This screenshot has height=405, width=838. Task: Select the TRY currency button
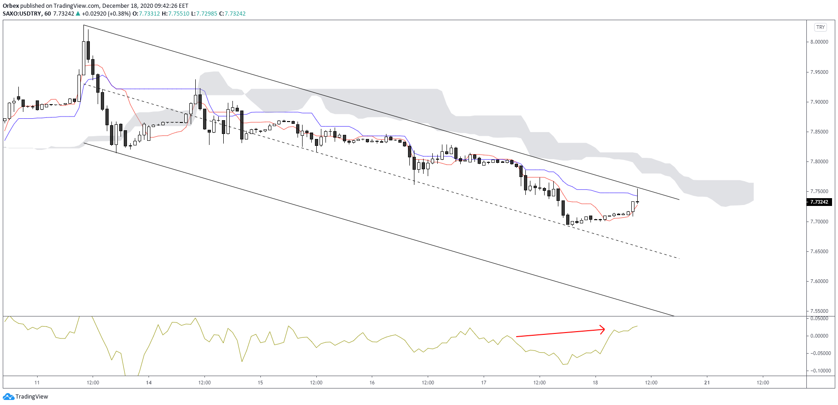pyautogui.click(x=820, y=27)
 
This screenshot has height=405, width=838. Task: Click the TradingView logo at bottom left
pyautogui.click(x=26, y=396)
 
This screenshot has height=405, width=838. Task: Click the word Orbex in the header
pyautogui.click(x=11, y=6)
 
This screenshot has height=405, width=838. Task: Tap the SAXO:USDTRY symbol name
pyautogui.click(x=22, y=14)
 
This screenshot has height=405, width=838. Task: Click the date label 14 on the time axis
pyautogui.click(x=149, y=383)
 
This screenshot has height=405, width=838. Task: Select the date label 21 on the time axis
pyautogui.click(x=707, y=383)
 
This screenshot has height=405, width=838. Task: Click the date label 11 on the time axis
pyautogui.click(x=37, y=383)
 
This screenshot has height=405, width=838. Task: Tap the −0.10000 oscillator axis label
pyautogui.click(x=818, y=371)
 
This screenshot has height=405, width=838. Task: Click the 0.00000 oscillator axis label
pyautogui.click(x=819, y=336)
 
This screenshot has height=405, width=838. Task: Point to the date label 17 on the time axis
pyautogui.click(x=484, y=383)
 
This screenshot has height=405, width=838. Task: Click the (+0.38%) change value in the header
pyautogui.click(x=119, y=14)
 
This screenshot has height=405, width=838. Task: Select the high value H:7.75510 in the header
pyautogui.click(x=178, y=14)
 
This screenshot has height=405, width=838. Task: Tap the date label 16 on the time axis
pyautogui.click(x=372, y=383)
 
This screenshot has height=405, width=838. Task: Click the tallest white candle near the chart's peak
pyautogui.click(x=83, y=58)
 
